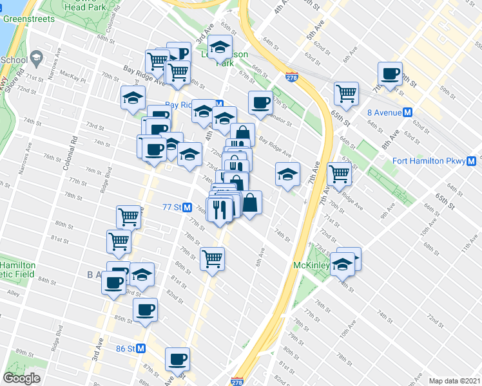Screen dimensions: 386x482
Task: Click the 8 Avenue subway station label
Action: (x=384, y=111)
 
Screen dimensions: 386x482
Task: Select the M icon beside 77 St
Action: (x=187, y=208)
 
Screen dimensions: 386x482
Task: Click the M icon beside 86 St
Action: (x=141, y=348)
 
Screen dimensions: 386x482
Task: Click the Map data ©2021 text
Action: (x=454, y=381)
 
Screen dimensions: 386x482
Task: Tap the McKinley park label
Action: (x=311, y=265)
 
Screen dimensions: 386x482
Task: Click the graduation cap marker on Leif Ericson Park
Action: (x=220, y=47)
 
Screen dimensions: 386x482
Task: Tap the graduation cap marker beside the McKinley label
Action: (x=343, y=263)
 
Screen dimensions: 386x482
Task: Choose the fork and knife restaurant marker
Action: (x=219, y=209)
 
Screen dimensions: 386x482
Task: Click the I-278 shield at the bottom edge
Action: (x=236, y=381)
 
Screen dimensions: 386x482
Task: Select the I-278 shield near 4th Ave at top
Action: (x=291, y=76)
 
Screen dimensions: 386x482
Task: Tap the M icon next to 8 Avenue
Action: (x=407, y=111)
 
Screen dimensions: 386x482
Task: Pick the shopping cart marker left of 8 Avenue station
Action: (x=346, y=94)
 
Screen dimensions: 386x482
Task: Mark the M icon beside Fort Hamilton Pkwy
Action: (x=472, y=161)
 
